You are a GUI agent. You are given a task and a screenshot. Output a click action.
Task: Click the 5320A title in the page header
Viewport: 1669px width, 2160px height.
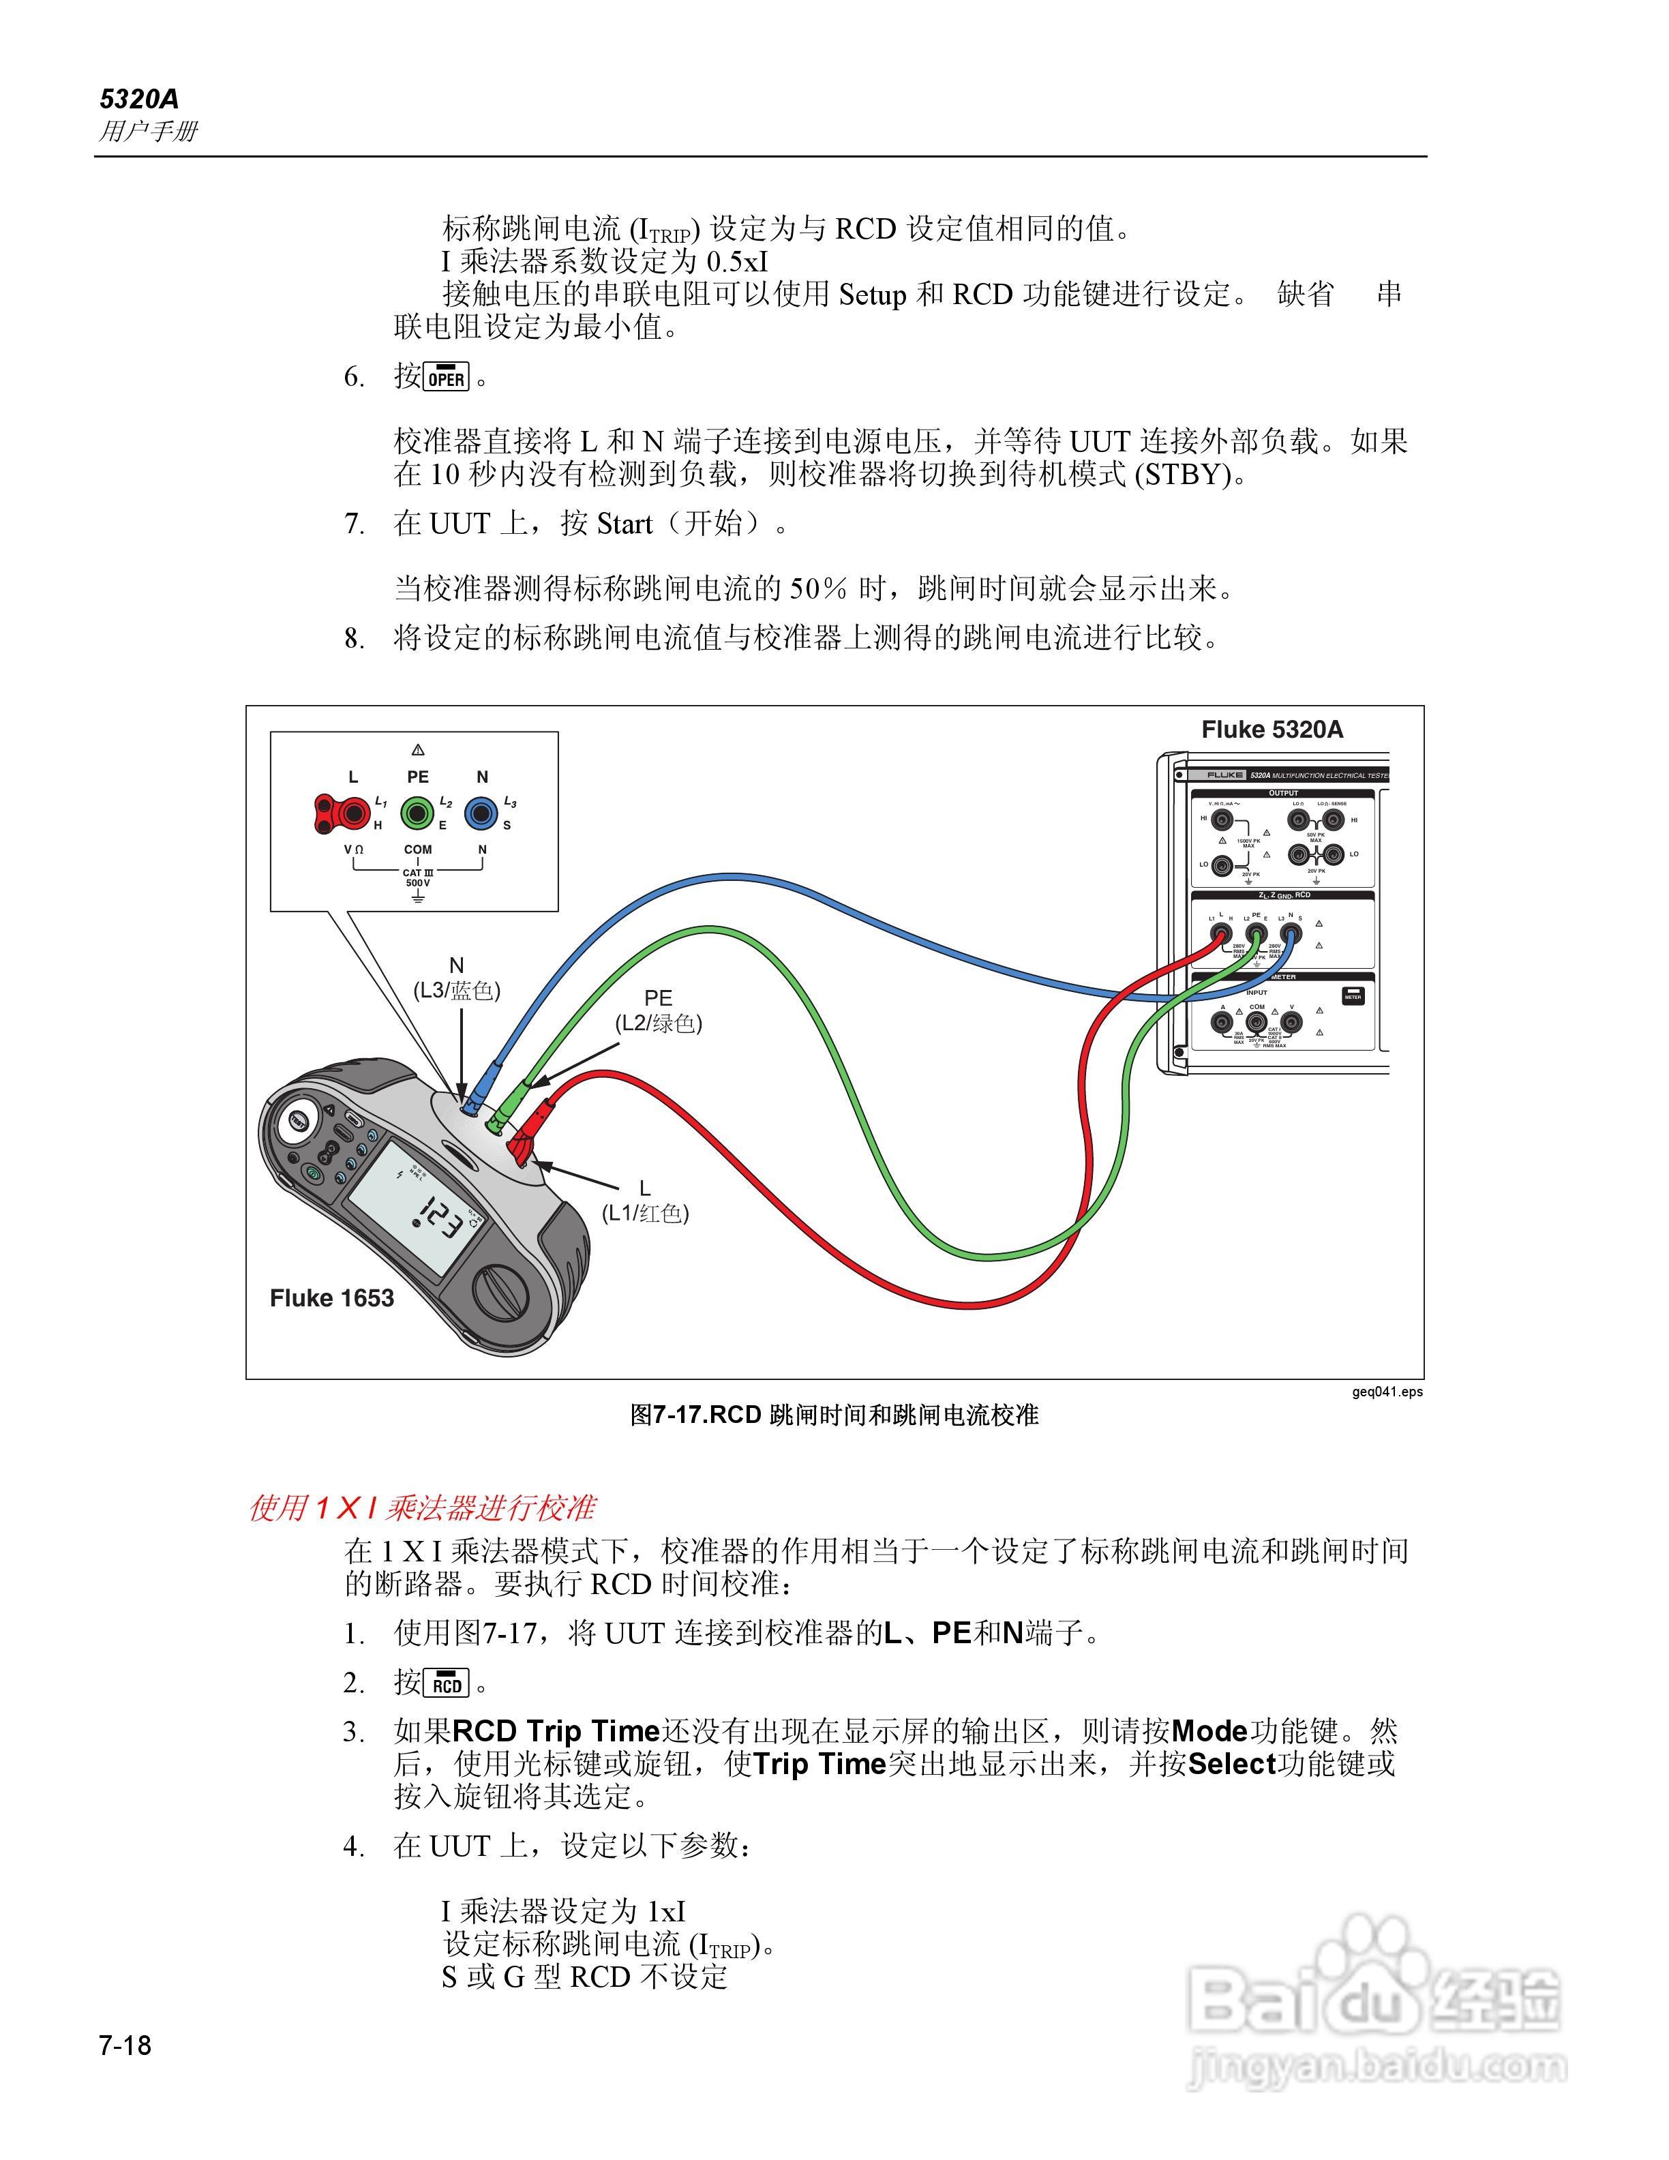coord(138,99)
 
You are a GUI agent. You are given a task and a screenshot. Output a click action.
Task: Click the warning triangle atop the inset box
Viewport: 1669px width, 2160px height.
coord(417,750)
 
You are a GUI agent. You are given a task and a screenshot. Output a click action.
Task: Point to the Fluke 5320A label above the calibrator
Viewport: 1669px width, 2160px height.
coord(1272,730)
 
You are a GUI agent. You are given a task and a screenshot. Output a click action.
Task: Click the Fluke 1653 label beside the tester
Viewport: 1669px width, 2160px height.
coord(331,1297)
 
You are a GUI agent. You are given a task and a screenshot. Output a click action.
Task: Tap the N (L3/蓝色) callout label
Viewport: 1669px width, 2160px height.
coord(456,978)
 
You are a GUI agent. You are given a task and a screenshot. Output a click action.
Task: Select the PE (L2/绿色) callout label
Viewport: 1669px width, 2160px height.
coord(659,1010)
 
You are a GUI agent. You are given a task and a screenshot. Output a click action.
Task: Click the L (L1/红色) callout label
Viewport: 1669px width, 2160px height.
coord(645,1201)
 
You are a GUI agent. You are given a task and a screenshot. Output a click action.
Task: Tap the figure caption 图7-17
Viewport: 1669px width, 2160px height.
coord(834,1415)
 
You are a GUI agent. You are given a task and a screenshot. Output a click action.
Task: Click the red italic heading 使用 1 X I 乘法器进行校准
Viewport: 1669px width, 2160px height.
coord(421,1507)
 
